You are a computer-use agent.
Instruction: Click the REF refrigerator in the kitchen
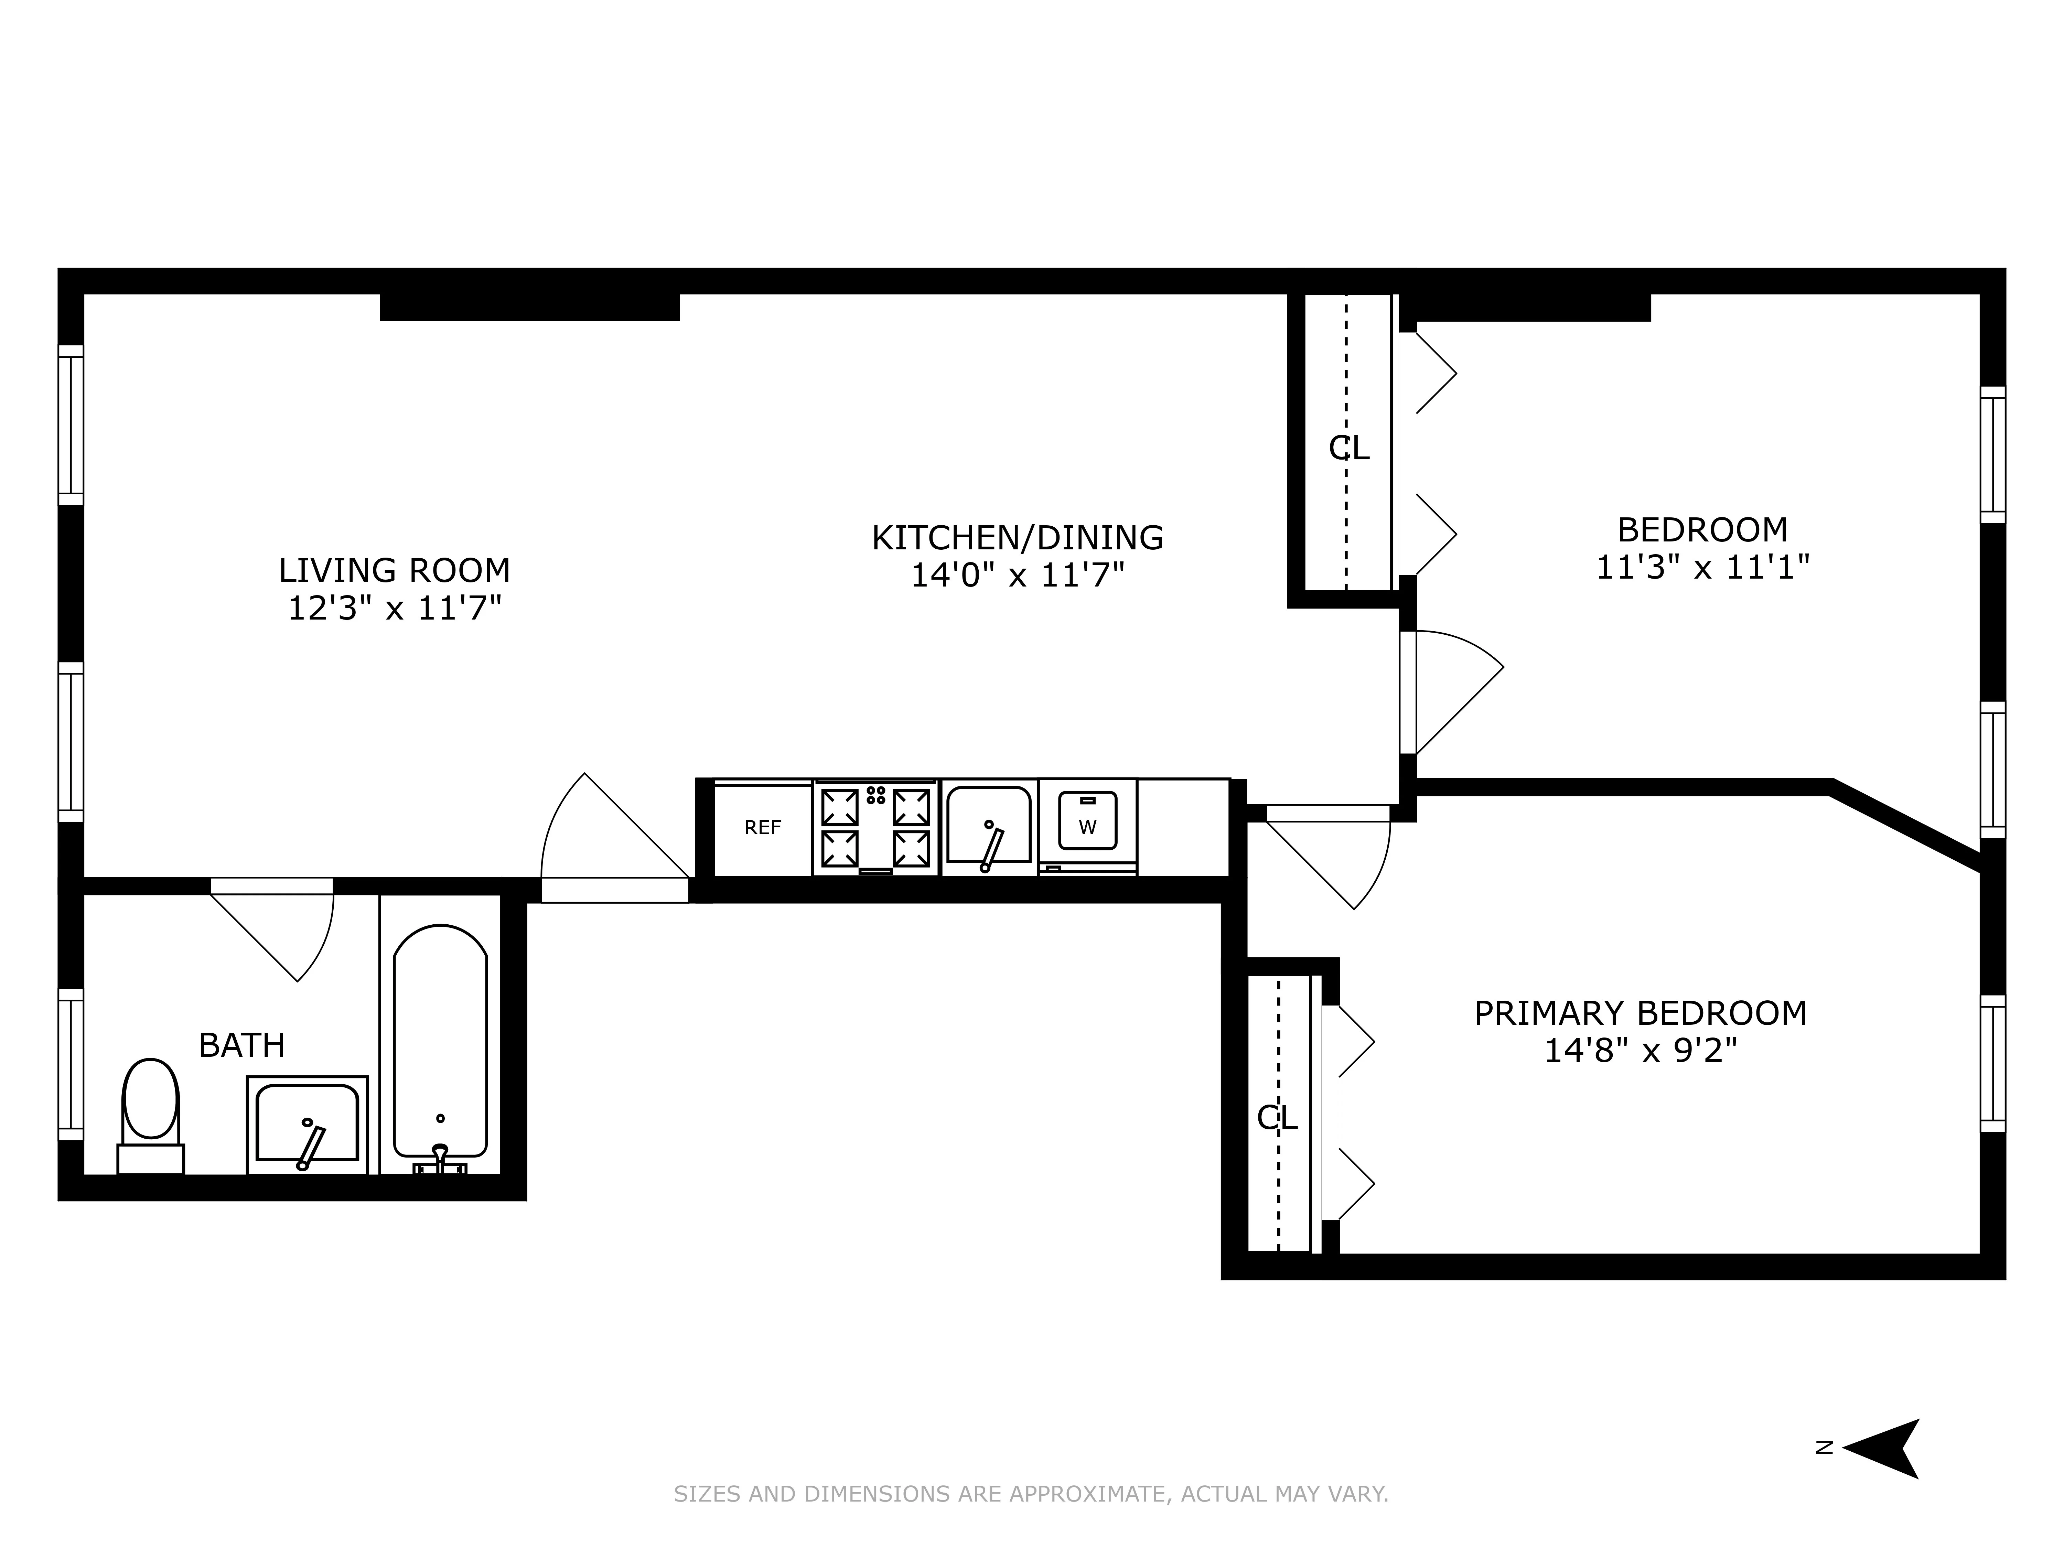pos(762,829)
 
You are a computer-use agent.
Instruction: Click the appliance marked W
pos(1087,825)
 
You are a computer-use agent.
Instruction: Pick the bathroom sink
pos(307,1125)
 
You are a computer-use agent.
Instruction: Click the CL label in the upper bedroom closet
pos(1348,449)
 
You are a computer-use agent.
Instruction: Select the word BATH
pos(242,1045)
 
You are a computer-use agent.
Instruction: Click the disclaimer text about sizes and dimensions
pos(1031,1494)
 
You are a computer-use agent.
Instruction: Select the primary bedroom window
pos(1992,1064)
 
